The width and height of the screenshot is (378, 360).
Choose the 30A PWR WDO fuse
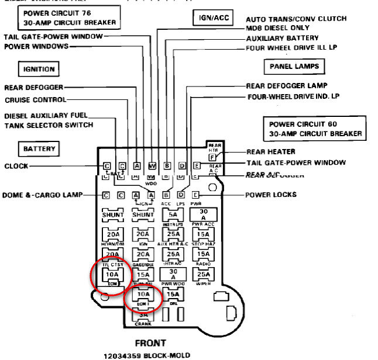[173, 274]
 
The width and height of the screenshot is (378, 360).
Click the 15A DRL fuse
[173, 295]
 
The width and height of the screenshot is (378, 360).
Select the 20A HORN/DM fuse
[112, 234]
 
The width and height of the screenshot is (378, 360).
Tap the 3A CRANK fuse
[143, 314]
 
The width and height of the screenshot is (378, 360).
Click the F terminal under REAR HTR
[212, 157]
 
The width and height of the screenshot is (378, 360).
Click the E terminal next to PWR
[196, 195]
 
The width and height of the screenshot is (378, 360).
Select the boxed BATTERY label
[39, 149]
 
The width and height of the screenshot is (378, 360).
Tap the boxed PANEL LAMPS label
[294, 67]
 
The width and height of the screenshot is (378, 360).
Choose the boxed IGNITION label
[39, 69]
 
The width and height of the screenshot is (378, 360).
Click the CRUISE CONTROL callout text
[35, 100]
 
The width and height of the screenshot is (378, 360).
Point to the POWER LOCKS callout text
[270, 195]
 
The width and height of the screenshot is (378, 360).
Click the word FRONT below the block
[150, 343]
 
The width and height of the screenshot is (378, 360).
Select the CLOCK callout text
[16, 166]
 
